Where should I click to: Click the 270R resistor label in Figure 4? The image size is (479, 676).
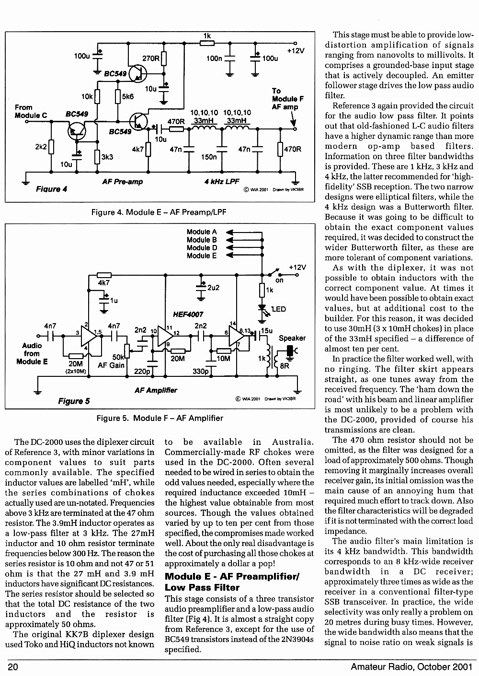tap(150, 58)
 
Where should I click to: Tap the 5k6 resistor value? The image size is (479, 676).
tap(128, 96)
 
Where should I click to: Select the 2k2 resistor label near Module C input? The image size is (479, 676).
tap(41, 147)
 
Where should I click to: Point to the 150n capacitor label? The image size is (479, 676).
tap(209, 157)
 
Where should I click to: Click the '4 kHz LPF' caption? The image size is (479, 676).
tap(222, 181)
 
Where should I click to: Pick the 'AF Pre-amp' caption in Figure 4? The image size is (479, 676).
tap(123, 182)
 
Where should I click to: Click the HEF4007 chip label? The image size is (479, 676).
tap(188, 315)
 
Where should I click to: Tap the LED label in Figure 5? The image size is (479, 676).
tap(278, 309)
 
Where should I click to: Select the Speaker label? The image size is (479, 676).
tap(292, 338)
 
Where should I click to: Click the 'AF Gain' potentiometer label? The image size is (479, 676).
tap(111, 365)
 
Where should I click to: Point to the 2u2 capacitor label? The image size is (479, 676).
tap(214, 288)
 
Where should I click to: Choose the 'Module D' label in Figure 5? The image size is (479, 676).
tap(202, 248)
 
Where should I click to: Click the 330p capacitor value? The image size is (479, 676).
tap(201, 371)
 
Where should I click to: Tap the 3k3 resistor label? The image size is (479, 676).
tap(107, 157)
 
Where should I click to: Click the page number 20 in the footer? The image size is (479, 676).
tap(13, 666)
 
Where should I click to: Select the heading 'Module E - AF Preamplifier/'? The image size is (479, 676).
tap(232, 576)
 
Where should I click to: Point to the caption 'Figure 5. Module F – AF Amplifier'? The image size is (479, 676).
tap(160, 418)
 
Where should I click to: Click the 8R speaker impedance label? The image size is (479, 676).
tap(285, 366)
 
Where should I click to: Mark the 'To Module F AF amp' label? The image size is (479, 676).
tap(287, 99)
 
